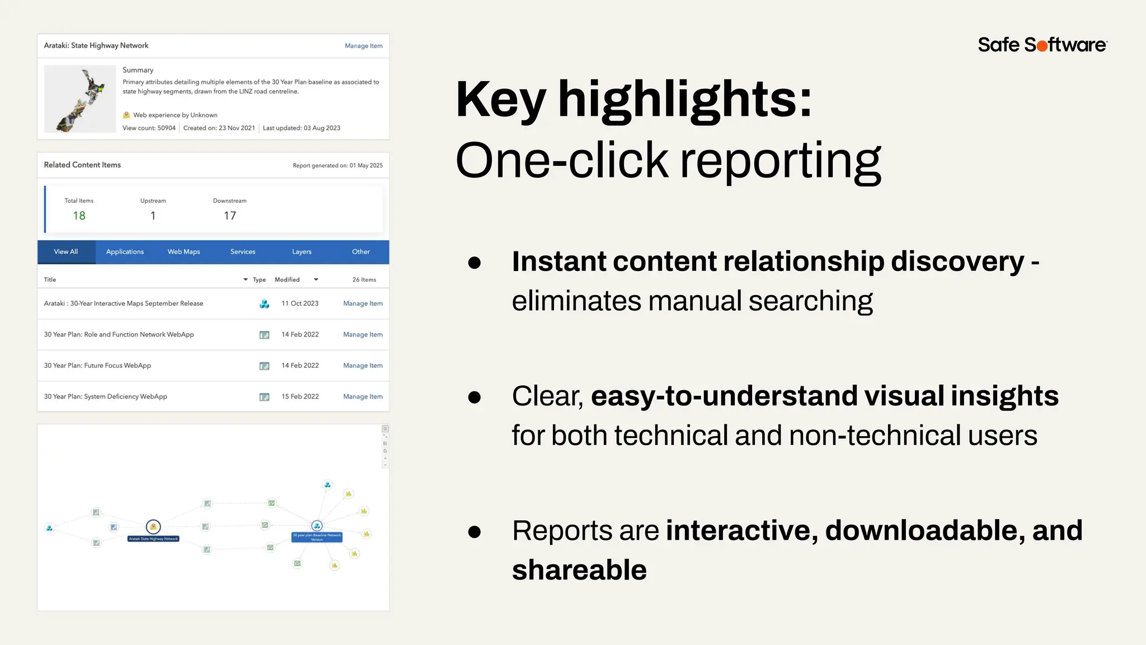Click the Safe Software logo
point(1042,45)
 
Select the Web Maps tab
point(184,252)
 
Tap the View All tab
point(66,252)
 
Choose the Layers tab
point(302,252)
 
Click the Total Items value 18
point(79,216)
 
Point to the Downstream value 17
point(229,216)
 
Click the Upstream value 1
point(153,216)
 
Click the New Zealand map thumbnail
point(80,99)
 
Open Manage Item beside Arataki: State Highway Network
point(363,46)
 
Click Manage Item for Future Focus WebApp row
point(363,366)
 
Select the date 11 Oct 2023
point(300,303)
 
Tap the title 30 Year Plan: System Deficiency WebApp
point(106,396)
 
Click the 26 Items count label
point(364,279)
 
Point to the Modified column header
point(287,279)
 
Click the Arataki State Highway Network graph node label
point(153,539)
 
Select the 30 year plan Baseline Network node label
point(317,537)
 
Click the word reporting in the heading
point(780,161)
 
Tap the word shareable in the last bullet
point(579,570)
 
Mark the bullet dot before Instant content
point(475,262)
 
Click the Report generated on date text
point(337,165)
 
